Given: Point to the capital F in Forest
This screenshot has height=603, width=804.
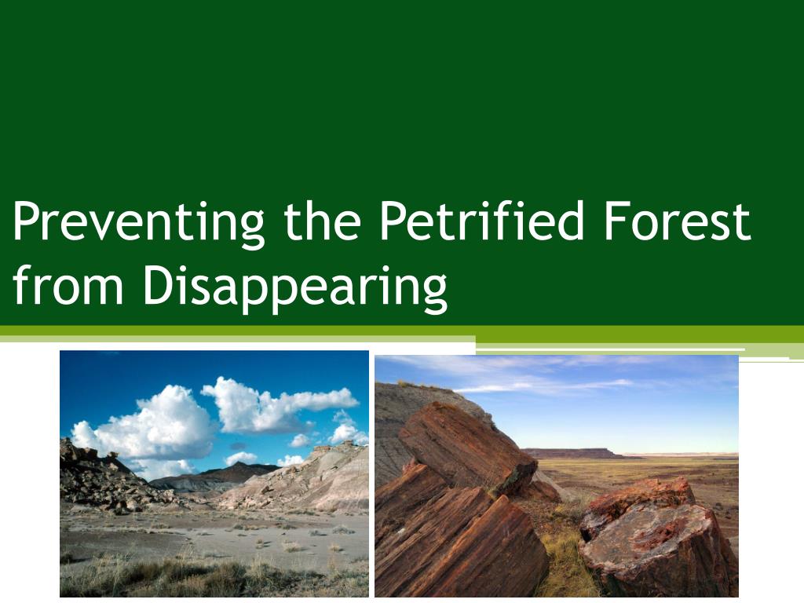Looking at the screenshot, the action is click(x=617, y=221).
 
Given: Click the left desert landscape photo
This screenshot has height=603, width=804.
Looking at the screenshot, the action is click(x=214, y=473).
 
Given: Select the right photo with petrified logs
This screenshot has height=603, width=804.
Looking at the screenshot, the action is click(x=557, y=476).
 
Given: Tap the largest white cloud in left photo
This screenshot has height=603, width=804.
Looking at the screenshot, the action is click(x=148, y=426).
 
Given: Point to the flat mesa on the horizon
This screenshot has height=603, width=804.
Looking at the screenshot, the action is click(x=572, y=454).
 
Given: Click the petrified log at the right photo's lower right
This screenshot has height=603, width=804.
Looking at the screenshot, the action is click(x=659, y=539).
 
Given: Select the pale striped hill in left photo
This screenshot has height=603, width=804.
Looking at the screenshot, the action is click(x=308, y=480).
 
